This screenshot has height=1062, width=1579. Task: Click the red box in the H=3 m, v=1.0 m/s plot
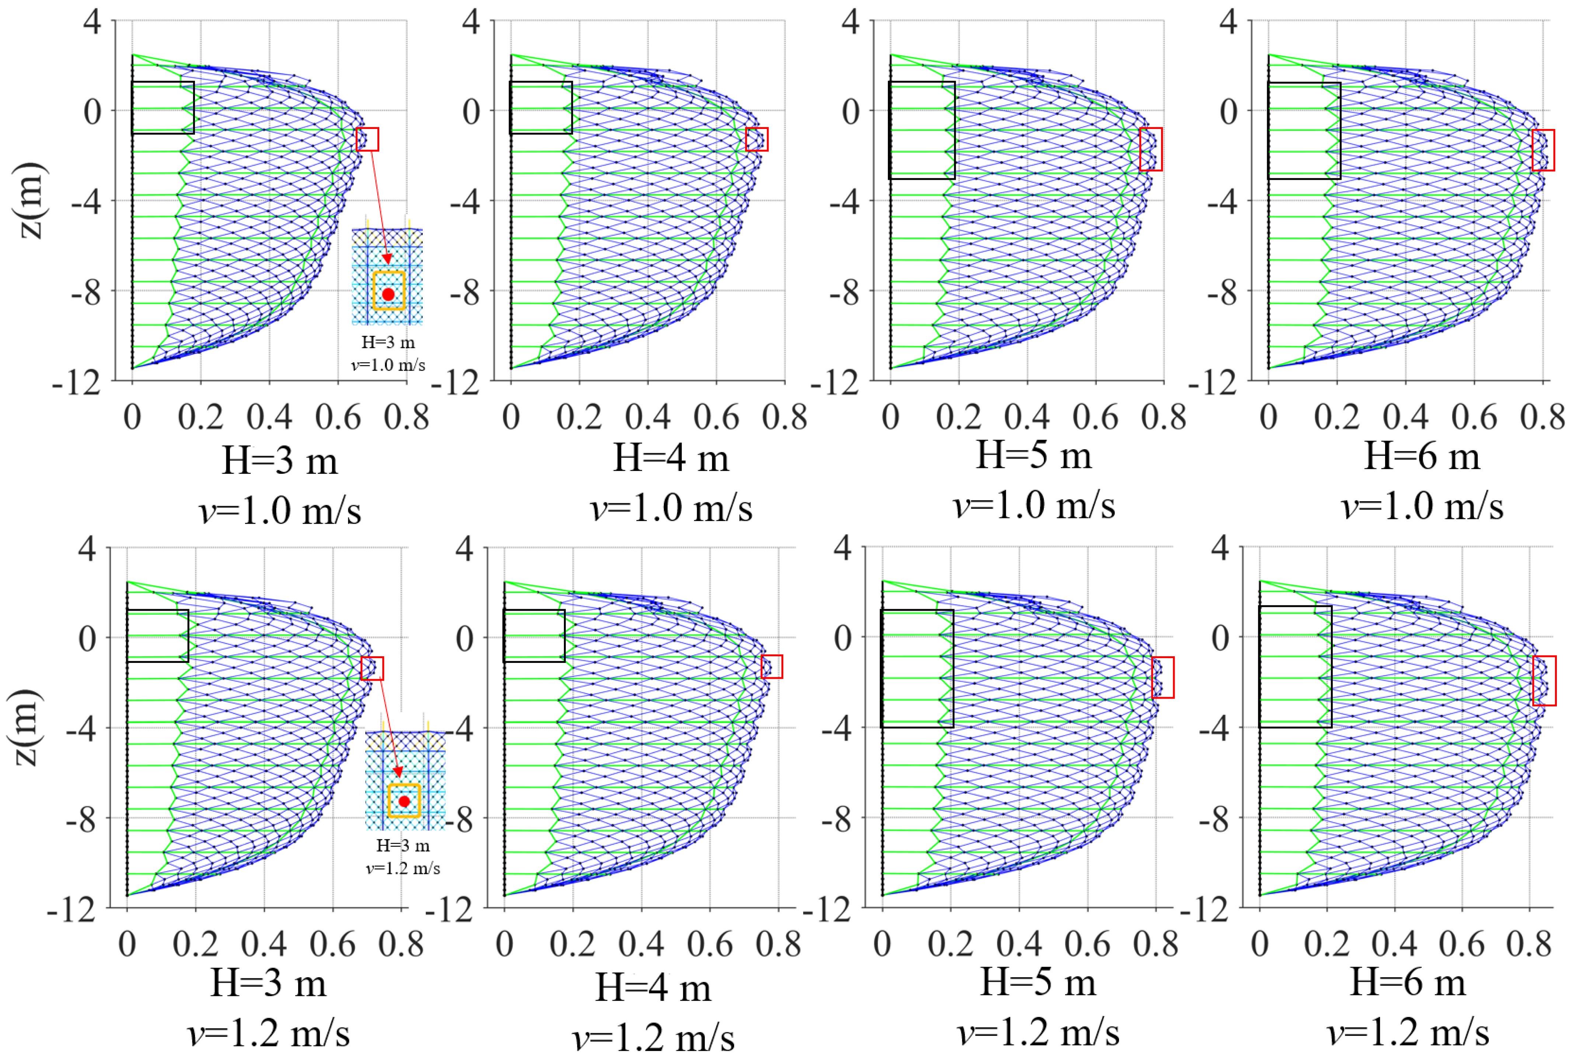367,140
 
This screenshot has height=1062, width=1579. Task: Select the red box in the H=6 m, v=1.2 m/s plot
1544,681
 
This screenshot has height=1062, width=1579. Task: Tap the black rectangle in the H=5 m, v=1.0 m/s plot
921,130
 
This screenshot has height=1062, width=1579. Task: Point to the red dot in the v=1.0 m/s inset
388,294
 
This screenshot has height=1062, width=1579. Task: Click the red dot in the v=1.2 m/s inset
404,801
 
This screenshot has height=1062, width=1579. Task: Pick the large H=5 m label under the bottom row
1038,982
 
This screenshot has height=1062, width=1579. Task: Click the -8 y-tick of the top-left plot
86,292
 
